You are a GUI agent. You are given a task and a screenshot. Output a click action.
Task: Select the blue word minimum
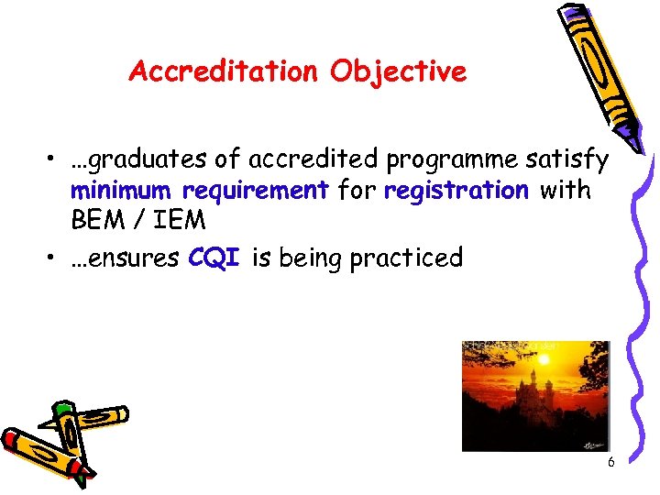click(x=122, y=192)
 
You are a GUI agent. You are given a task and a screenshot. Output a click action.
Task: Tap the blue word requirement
click(x=256, y=192)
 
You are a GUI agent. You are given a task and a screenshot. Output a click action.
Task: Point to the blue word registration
click(x=456, y=191)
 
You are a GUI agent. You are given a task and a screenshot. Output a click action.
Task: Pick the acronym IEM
click(x=174, y=221)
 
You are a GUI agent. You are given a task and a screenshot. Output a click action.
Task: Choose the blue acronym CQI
click(x=214, y=258)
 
